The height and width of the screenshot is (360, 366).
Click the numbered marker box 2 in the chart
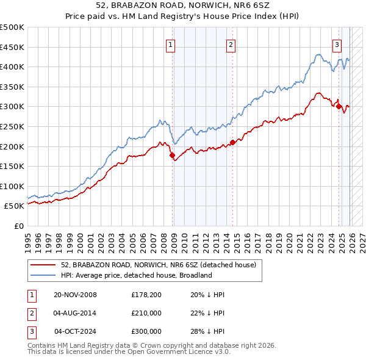(x=231, y=44)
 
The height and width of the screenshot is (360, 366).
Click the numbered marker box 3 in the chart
(x=337, y=44)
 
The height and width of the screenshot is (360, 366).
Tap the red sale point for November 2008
(x=172, y=155)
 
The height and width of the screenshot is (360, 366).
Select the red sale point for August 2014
(x=232, y=143)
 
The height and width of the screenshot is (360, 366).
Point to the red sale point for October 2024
(x=339, y=107)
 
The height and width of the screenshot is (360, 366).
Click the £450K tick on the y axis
(x=12, y=47)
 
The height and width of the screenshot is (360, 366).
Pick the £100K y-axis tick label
(x=12, y=186)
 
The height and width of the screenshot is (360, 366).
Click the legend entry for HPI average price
(x=136, y=275)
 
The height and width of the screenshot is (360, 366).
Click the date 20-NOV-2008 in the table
(x=76, y=295)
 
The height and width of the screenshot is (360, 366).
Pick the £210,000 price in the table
(x=146, y=313)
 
